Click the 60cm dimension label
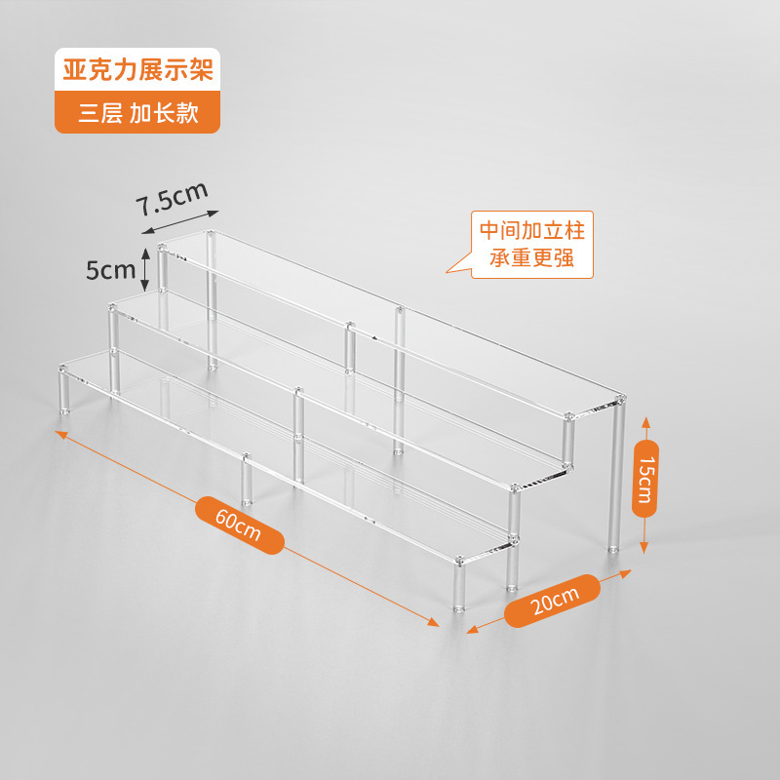pyautogui.click(x=239, y=526)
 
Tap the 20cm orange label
pyautogui.click(x=553, y=601)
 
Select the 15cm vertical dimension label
pyautogui.click(x=645, y=479)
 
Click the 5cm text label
pyautogui.click(x=110, y=270)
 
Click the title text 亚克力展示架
pyautogui.click(x=137, y=69)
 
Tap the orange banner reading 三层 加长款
pyautogui.click(x=137, y=112)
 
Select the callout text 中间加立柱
pyautogui.click(x=532, y=231)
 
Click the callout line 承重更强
pyautogui.click(x=531, y=257)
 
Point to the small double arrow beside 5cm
pyautogui.click(x=144, y=269)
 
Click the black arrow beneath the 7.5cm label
pyautogui.click(x=180, y=222)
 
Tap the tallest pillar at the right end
pyautogui.click(x=616, y=475)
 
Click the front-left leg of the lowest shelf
pyautogui.click(x=64, y=391)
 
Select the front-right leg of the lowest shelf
pyautogui.click(x=458, y=586)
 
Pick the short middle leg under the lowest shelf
pyautogui.click(x=247, y=480)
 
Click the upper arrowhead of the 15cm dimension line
pyautogui.click(x=645, y=422)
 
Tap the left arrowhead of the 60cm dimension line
pyautogui.click(x=61, y=434)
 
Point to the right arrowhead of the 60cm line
pyautogui.click(x=433, y=622)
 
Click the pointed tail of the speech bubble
pyautogui.click(x=448, y=272)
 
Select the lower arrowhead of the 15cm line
pyautogui.click(x=644, y=548)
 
